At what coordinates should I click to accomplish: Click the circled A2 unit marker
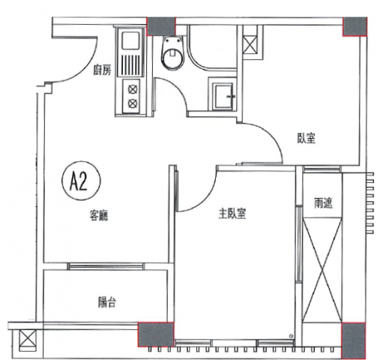coord(81,181)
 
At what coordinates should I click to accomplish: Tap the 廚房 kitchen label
coord(102,70)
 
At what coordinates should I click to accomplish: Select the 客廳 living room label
coord(99,215)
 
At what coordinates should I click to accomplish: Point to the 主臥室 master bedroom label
coord(232,214)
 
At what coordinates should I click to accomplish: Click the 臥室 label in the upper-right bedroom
coord(306,138)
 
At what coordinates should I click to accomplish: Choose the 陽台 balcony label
coord(106,302)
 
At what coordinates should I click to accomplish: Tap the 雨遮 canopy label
coord(323,203)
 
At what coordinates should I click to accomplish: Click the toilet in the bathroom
coord(172,52)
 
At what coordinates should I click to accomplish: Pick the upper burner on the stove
coord(132,89)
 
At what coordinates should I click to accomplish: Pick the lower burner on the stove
coord(132,103)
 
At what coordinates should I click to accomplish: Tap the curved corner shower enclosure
coord(211,46)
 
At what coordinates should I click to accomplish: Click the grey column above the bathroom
coord(161,26)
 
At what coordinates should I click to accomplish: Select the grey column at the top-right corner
coord(355,26)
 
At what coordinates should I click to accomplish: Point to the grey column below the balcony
coord(156,334)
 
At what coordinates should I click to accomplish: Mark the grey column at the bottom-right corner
coord(353,341)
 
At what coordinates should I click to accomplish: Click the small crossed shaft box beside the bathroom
coord(250,44)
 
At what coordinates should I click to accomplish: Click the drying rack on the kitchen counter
coord(130,64)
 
